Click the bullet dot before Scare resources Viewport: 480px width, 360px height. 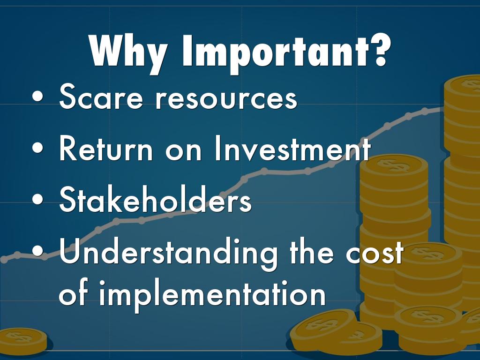pos(37,97)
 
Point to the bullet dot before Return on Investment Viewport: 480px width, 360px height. pos(37,148)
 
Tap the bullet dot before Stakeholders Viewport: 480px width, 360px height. pos(37,199)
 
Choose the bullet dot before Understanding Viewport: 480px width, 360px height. pos(37,251)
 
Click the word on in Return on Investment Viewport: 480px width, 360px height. pos(183,151)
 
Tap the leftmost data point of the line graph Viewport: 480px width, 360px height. pos(4,260)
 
